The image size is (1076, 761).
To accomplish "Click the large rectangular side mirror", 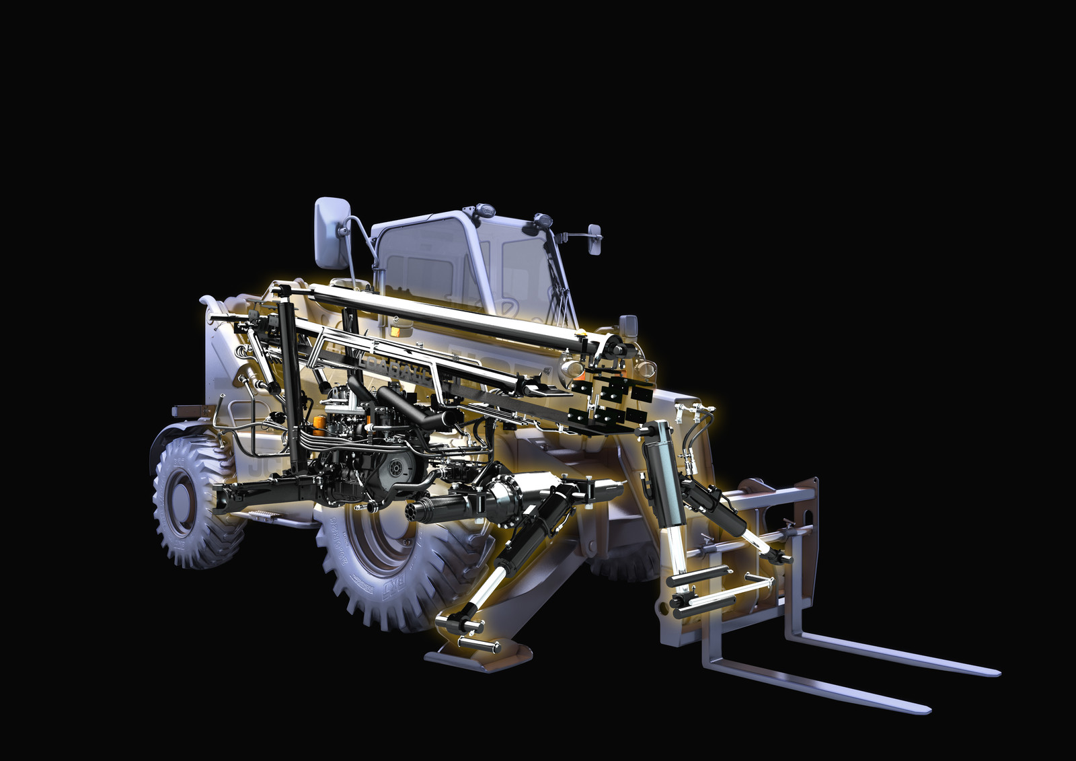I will coord(329,233).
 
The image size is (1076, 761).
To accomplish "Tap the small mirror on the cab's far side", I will coord(594,241).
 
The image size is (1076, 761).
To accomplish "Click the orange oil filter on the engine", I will coord(320,423).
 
